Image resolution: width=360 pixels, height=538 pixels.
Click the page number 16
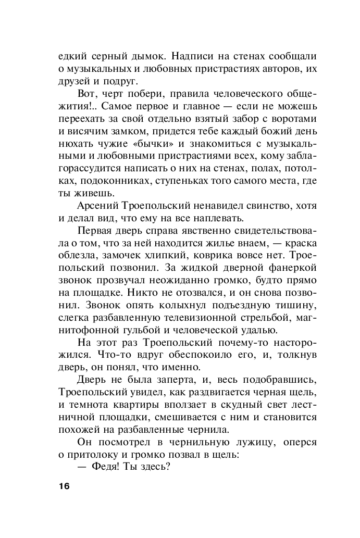(64, 486)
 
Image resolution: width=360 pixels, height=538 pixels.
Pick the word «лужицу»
(229, 444)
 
